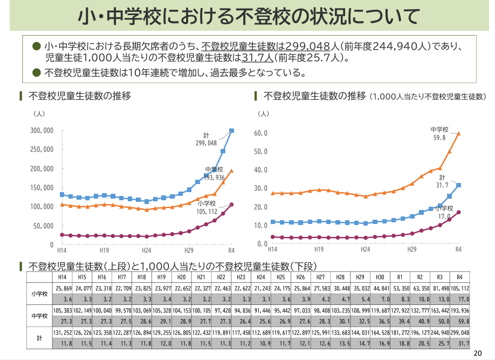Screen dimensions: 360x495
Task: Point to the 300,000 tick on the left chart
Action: click(41, 131)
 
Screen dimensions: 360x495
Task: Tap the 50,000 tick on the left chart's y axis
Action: click(43, 226)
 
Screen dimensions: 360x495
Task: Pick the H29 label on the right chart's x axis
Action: click(411, 249)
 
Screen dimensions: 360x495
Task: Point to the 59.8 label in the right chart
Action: click(440, 138)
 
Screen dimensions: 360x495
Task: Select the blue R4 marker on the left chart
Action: click(231, 131)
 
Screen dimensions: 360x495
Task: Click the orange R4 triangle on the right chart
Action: click(458, 133)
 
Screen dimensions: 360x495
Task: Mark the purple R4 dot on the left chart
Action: click(231, 205)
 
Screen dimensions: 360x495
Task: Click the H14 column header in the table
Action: click(63, 276)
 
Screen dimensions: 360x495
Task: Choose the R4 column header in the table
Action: click(459, 276)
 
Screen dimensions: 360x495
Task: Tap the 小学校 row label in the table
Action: click(39, 294)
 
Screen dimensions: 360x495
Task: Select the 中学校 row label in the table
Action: click(39, 316)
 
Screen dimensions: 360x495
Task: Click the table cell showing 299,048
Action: click(459, 333)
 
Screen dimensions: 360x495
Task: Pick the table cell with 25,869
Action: click(63, 289)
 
